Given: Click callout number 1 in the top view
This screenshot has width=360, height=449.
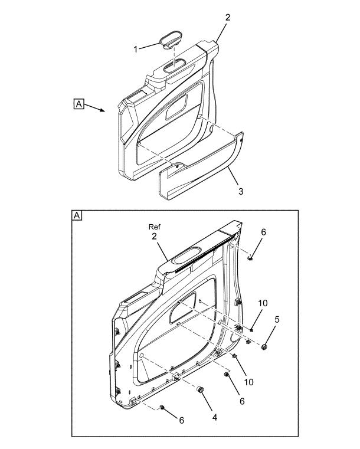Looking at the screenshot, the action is (136, 49).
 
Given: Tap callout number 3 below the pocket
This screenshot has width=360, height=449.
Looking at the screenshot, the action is (241, 191).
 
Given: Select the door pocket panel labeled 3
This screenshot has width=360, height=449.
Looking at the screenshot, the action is (201, 166).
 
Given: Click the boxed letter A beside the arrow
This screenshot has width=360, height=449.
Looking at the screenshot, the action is (78, 104).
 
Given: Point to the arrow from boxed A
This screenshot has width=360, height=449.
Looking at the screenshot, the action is (95, 108).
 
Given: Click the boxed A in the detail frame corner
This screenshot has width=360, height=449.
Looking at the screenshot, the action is (77, 215).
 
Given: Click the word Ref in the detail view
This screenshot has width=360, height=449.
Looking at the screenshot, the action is (155, 227).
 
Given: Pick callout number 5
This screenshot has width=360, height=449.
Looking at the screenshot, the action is (277, 320).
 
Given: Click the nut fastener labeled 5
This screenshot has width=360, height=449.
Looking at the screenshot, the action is (264, 347).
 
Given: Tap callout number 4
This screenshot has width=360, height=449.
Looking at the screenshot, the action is (214, 418).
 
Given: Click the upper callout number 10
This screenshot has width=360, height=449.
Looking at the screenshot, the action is (263, 303).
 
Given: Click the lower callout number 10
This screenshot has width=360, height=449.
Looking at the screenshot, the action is (248, 382).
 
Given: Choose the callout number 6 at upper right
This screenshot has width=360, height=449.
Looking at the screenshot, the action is (263, 232).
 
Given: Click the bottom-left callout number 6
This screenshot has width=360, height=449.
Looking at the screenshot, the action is (181, 420).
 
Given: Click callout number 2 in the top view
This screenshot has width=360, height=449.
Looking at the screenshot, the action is (228, 17).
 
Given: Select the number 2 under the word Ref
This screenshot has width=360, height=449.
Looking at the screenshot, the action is (155, 237).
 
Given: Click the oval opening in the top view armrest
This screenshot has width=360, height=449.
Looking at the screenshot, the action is (175, 67).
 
